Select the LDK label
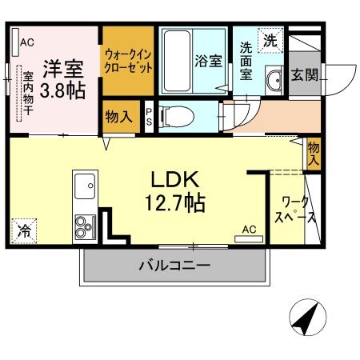(177, 177)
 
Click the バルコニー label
(174, 265)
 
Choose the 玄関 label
(304, 76)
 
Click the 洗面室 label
(246, 61)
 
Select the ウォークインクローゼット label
(128, 60)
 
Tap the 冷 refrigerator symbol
(23, 231)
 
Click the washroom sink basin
(274, 81)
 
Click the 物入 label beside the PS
(118, 117)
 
